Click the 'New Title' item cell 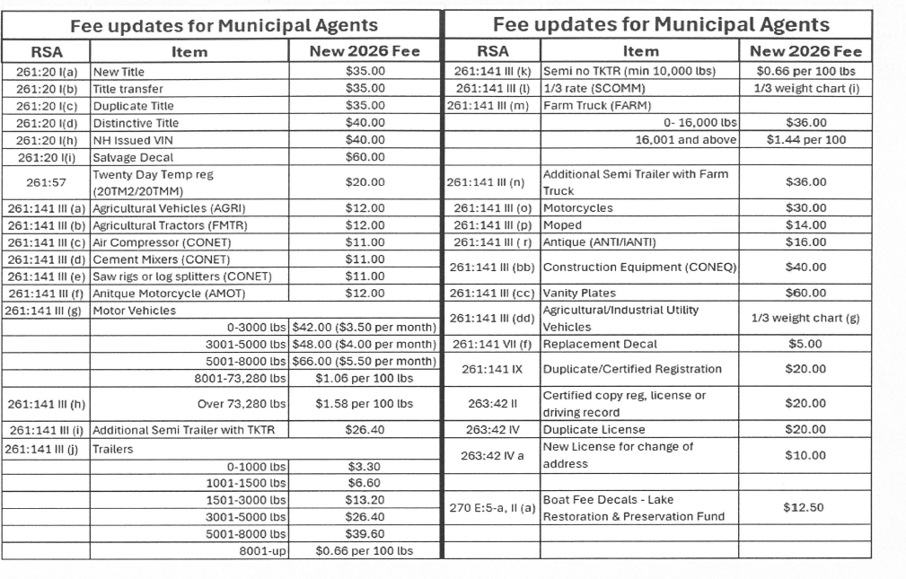point(119,71)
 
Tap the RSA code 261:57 point(47,182)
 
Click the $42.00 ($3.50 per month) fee point(365,328)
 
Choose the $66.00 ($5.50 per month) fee point(365,361)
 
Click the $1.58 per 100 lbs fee point(365,404)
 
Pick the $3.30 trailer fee point(365,466)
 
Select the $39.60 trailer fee point(365,534)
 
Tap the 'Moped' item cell point(563,225)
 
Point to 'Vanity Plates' point(580,293)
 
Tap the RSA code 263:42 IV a point(491,455)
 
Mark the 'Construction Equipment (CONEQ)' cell point(639,268)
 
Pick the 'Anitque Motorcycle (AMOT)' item point(169,293)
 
